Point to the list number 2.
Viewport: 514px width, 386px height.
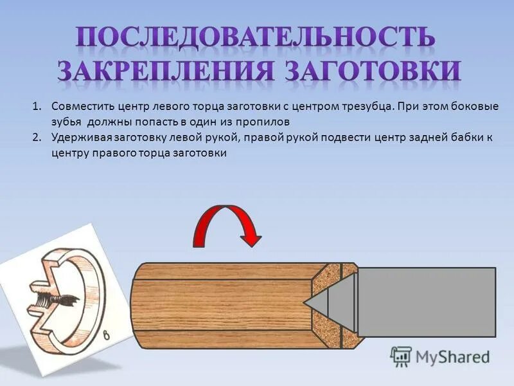(x=37, y=137)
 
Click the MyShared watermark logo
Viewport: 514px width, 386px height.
(x=440, y=356)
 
